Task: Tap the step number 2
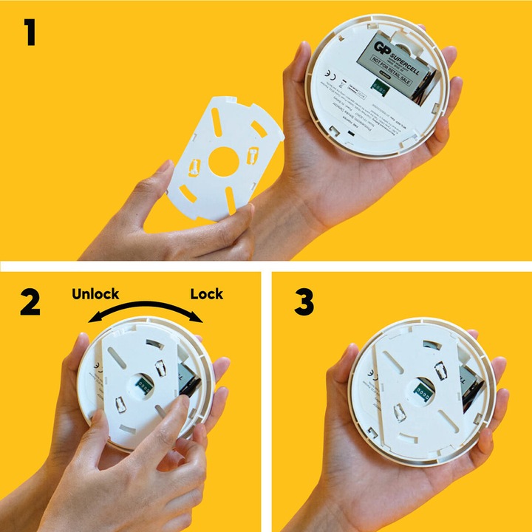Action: [x=30, y=302]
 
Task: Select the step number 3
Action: [x=304, y=302]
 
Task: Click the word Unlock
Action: [x=95, y=294]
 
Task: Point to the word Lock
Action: [x=206, y=294]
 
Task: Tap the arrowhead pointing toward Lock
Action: [x=198, y=318]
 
